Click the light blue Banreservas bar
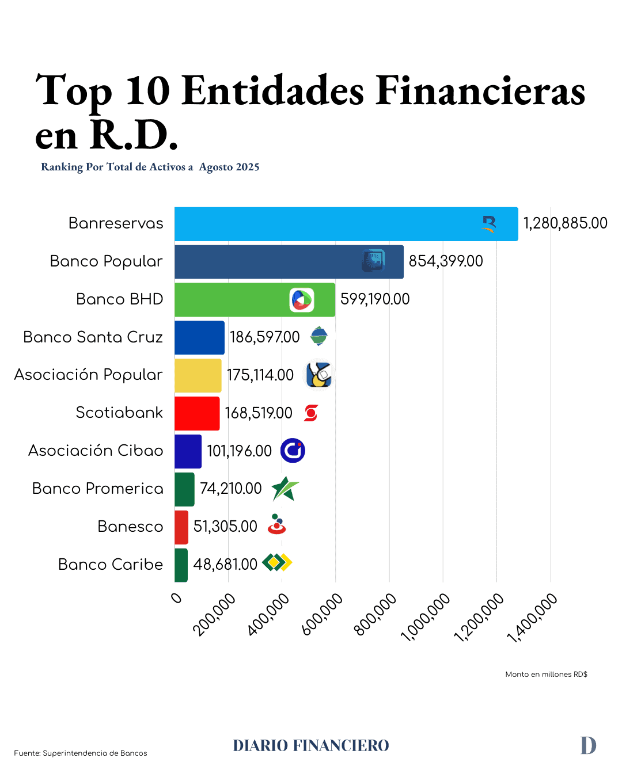pyautogui.click(x=346, y=224)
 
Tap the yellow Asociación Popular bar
pyautogui.click(x=198, y=375)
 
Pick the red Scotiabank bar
pyautogui.click(x=197, y=413)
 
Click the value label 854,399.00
pyautogui.click(x=446, y=261)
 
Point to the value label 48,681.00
pyautogui.click(x=225, y=565)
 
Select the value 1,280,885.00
pyautogui.click(x=565, y=223)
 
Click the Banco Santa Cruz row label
pyautogui.click(x=93, y=337)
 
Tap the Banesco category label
pyautogui.click(x=130, y=527)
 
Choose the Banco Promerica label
pyautogui.click(x=97, y=489)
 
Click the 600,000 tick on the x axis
pyautogui.click(x=323, y=615)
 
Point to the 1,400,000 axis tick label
pyautogui.click(x=533, y=618)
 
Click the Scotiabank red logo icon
pyautogui.click(x=311, y=413)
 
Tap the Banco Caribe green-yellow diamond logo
pyautogui.click(x=277, y=562)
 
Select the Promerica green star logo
pyautogui.click(x=285, y=489)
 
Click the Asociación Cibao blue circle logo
pyautogui.click(x=293, y=451)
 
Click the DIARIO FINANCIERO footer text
pyautogui.click(x=311, y=746)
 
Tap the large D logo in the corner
pyautogui.click(x=588, y=745)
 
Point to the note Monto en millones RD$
pyautogui.click(x=546, y=675)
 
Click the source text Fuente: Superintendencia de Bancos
pyautogui.click(x=81, y=753)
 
